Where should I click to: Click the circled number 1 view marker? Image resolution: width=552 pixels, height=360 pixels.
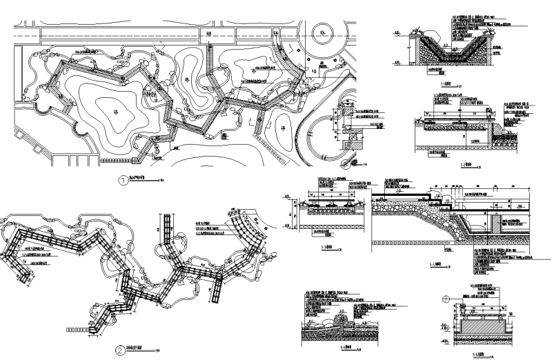coord(124,181)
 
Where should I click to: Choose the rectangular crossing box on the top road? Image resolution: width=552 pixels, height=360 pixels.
coord(207,33)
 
